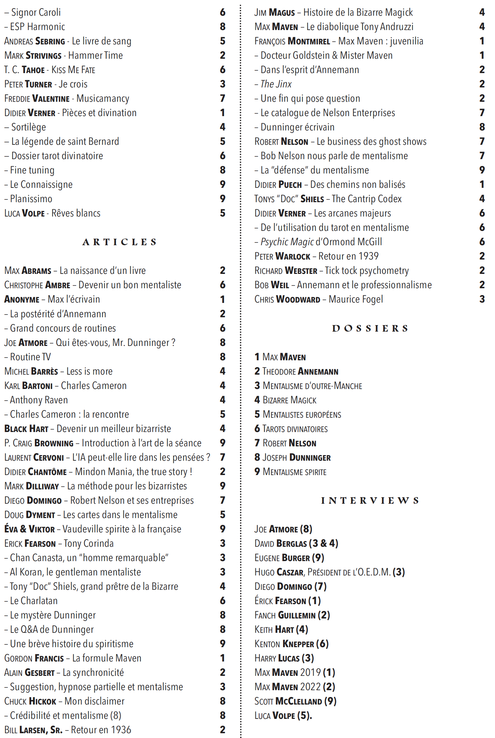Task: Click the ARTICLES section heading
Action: (x=120, y=242)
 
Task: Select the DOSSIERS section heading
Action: (x=370, y=329)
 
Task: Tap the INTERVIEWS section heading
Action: (x=370, y=501)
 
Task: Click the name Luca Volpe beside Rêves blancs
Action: (x=25, y=213)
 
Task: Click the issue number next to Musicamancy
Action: (x=223, y=99)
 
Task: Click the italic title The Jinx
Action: (x=276, y=84)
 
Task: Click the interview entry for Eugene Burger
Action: (x=289, y=558)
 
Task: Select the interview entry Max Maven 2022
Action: (x=295, y=687)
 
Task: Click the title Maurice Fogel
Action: (x=356, y=300)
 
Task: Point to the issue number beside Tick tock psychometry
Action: (x=482, y=271)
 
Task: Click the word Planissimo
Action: (x=31, y=199)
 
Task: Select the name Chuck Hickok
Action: (x=30, y=701)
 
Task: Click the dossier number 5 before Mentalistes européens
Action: (x=257, y=415)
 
